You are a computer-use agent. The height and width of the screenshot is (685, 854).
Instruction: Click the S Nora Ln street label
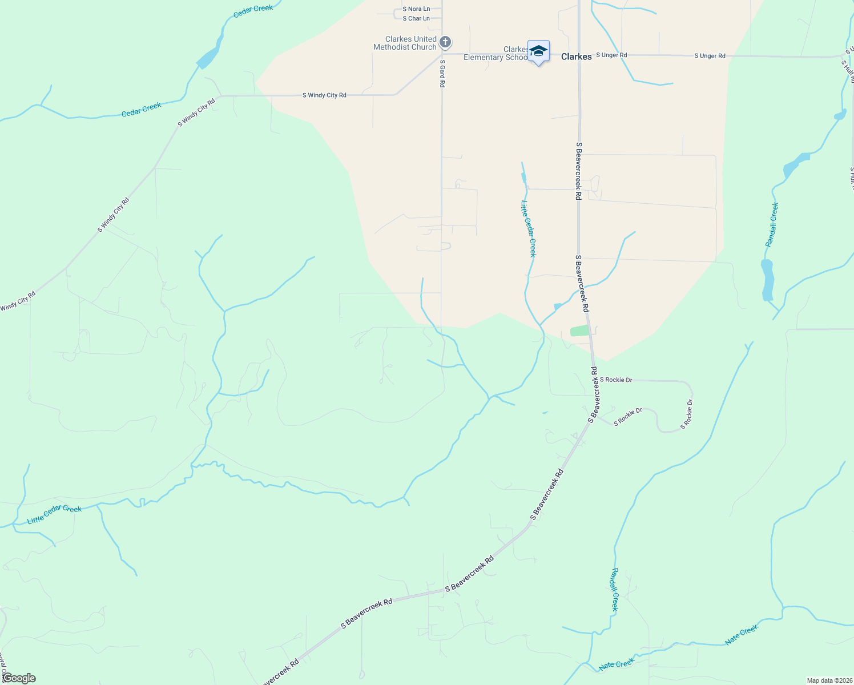pyautogui.click(x=416, y=9)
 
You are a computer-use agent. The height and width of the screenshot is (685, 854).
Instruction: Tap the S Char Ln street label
pyautogui.click(x=416, y=18)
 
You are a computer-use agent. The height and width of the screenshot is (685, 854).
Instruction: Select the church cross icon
pyautogui.click(x=446, y=42)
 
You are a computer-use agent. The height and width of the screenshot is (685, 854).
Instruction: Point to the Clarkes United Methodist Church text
pyautogui.click(x=405, y=43)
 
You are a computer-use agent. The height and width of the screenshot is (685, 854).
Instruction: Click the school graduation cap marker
pyautogui.click(x=538, y=51)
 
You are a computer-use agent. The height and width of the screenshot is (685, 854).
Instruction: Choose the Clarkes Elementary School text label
pyautogui.click(x=496, y=53)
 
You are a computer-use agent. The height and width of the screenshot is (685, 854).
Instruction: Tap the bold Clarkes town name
pyautogui.click(x=576, y=57)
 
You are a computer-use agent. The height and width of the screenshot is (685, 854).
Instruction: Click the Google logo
pyautogui.click(x=19, y=678)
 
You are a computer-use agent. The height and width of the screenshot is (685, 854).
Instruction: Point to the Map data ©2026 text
pyautogui.click(x=829, y=680)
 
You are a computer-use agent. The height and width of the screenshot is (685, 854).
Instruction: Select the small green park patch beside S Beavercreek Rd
pyautogui.click(x=579, y=331)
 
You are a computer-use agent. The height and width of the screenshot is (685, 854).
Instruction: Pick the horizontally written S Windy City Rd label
pyautogui.click(x=324, y=95)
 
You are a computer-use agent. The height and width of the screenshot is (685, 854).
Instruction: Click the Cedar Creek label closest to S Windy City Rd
pyautogui.click(x=141, y=109)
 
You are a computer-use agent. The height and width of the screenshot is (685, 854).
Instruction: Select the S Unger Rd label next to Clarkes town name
pyautogui.click(x=611, y=55)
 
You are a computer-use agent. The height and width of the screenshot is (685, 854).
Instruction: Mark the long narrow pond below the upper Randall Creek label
pyautogui.click(x=767, y=280)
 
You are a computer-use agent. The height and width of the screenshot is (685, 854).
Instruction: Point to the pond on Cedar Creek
pyautogui.click(x=208, y=57)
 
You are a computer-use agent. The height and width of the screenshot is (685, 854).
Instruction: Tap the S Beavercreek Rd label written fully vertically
pyautogui.click(x=578, y=171)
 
